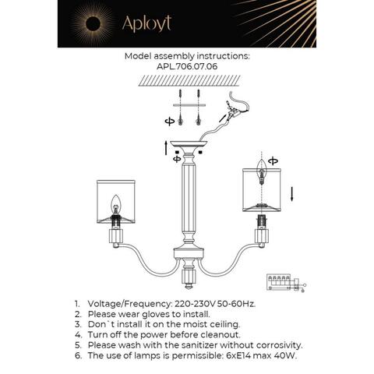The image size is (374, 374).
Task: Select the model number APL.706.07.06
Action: (186, 67)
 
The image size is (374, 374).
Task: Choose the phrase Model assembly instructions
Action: (186, 57)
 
